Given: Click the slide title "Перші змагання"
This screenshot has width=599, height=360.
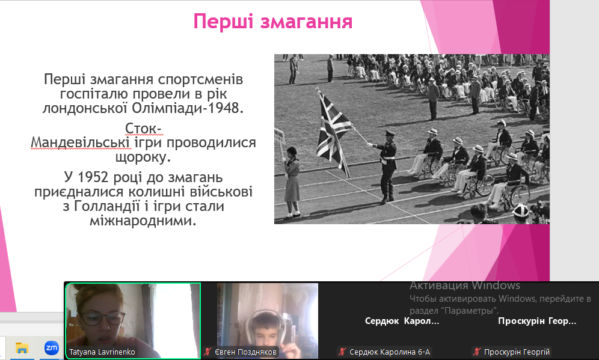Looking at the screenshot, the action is click(x=273, y=22).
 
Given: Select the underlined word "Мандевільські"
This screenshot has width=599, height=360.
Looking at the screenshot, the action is click(x=80, y=142).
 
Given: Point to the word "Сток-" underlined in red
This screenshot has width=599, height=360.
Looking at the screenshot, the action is click(x=144, y=128).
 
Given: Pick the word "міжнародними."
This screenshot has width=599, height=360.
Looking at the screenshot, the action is click(x=143, y=221).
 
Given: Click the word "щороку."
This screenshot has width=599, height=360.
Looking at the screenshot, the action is click(x=143, y=157).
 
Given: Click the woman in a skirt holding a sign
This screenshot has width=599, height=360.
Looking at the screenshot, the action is click(x=292, y=182).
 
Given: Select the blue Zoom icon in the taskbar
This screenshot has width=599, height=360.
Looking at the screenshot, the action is click(x=52, y=348).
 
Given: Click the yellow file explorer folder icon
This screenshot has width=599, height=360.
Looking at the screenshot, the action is click(x=22, y=348).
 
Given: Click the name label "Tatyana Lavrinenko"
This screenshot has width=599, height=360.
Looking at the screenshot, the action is click(x=102, y=352).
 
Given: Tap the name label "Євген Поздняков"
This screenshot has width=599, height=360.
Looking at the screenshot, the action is click(x=245, y=352).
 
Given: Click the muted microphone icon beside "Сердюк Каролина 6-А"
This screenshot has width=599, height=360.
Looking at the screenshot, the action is click(x=342, y=352).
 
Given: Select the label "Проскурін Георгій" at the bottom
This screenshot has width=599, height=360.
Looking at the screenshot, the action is click(x=517, y=352).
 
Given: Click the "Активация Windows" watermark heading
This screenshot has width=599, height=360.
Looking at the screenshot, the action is click(x=465, y=285).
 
